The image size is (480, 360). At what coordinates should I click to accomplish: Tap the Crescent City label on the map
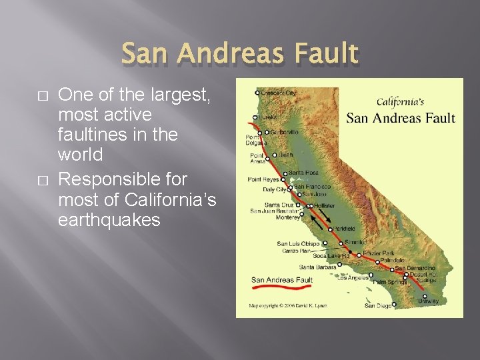point(279,93)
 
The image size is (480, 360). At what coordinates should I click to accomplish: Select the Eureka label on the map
point(268,117)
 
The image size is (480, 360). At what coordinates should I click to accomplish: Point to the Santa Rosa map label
point(303,173)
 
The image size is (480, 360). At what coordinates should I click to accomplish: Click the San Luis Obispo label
point(298,243)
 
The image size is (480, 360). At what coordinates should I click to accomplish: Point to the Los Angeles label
point(353,277)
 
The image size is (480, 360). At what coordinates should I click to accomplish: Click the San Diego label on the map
point(377,306)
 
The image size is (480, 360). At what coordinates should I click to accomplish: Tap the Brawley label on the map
point(428,301)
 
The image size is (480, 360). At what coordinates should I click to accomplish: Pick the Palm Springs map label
point(389,282)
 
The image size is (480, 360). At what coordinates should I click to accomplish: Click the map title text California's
point(400,102)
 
